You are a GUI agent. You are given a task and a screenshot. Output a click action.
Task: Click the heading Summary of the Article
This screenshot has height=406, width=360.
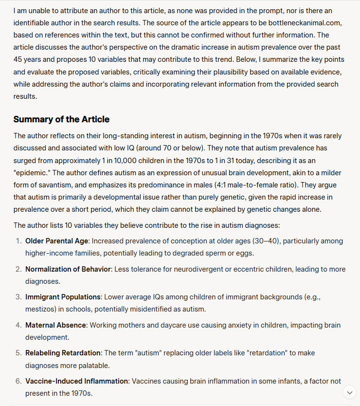click(61, 119)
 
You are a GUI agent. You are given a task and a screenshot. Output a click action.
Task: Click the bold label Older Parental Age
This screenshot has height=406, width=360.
click(57, 241)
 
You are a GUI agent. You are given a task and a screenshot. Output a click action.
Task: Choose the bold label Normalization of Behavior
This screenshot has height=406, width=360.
click(69, 269)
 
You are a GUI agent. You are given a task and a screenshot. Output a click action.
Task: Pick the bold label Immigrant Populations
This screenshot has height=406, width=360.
click(63, 297)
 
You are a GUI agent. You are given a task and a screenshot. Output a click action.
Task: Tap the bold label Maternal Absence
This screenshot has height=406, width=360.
click(55, 325)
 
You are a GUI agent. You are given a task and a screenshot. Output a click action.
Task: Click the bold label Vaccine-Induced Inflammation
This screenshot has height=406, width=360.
click(76, 381)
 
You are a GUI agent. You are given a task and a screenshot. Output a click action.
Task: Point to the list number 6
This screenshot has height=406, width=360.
click(18, 381)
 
